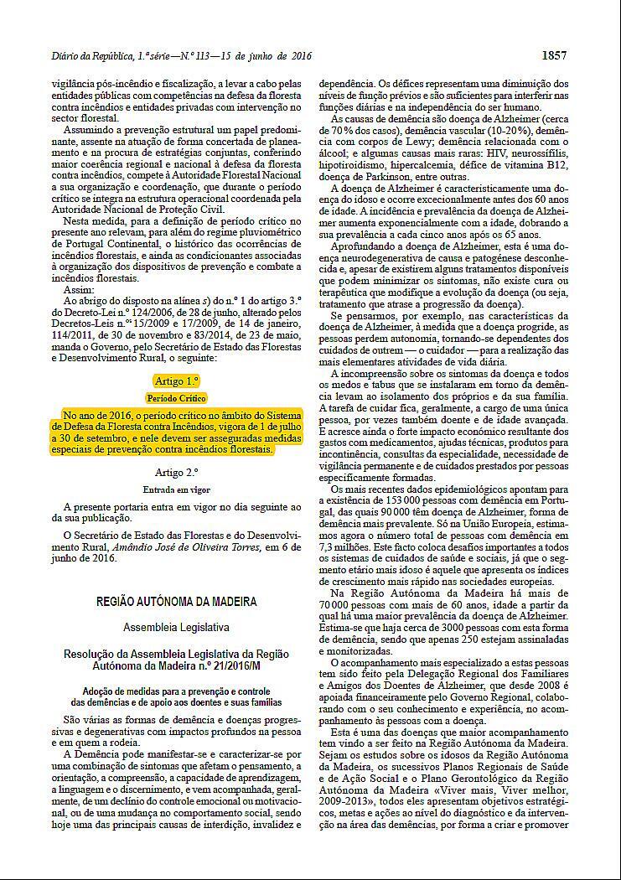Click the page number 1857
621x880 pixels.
click(554, 56)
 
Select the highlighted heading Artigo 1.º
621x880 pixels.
click(176, 380)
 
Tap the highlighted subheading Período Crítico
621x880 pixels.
click(176, 398)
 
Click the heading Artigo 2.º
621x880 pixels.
click(176, 473)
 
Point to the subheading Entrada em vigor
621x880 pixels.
click(176, 489)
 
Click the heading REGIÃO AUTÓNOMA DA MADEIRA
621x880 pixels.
click(176, 602)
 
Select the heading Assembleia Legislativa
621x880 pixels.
click(176, 627)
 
